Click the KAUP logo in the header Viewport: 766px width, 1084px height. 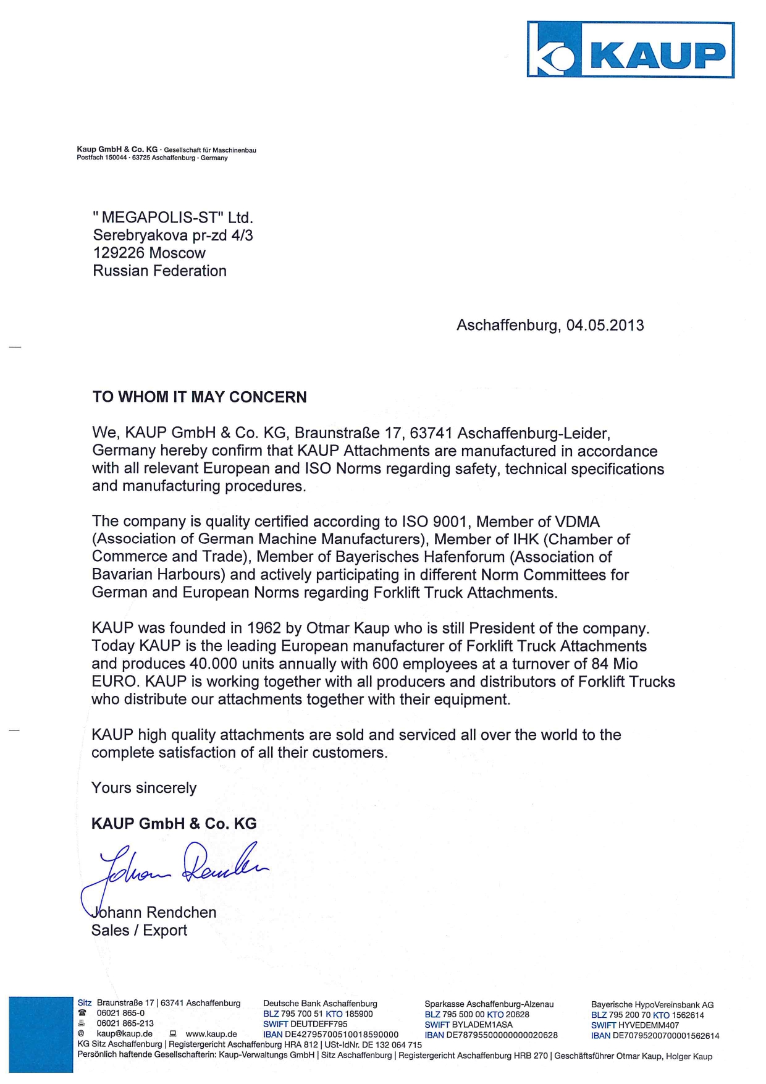(630, 50)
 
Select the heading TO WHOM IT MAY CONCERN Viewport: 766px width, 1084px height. (200, 397)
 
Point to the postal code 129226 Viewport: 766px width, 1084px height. (119, 253)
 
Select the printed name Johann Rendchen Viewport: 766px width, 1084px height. (154, 912)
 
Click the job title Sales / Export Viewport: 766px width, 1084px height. (139, 930)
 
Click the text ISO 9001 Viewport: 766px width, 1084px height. (434, 522)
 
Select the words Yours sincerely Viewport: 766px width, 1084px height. (144, 788)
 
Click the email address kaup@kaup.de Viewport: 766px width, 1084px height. (124, 1033)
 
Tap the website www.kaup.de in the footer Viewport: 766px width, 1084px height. (211, 1033)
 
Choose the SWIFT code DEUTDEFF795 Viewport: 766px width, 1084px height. (318, 1024)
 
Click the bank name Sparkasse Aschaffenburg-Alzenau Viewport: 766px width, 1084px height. (489, 1004)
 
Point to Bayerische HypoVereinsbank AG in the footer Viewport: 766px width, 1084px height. (652, 1005)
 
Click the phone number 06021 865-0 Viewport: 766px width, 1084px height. (120, 1014)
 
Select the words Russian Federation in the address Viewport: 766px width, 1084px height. (159, 271)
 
